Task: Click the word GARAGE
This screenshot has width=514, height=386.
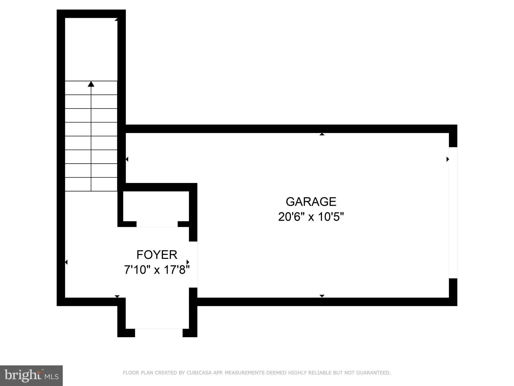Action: tap(311, 202)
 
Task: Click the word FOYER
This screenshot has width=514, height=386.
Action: tap(157, 255)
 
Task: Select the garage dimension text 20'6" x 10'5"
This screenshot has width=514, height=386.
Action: tap(311, 217)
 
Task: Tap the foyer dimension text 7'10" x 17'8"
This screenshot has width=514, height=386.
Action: tap(157, 270)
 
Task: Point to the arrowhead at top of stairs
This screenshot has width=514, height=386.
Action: tap(91, 84)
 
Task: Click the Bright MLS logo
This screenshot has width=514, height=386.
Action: tap(31, 375)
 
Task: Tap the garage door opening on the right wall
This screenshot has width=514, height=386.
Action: tap(453, 213)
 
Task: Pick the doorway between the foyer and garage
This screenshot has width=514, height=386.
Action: tap(193, 264)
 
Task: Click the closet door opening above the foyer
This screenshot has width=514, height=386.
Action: tap(157, 224)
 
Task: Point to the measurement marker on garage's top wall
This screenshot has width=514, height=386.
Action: tap(322, 134)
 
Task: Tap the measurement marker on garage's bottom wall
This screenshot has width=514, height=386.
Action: tap(322, 296)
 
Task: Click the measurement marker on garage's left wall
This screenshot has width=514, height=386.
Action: tap(127, 159)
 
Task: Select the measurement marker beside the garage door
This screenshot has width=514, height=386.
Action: tap(447, 159)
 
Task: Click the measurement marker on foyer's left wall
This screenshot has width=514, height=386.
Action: tap(66, 262)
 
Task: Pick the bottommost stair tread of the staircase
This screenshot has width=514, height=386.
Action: tap(91, 184)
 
